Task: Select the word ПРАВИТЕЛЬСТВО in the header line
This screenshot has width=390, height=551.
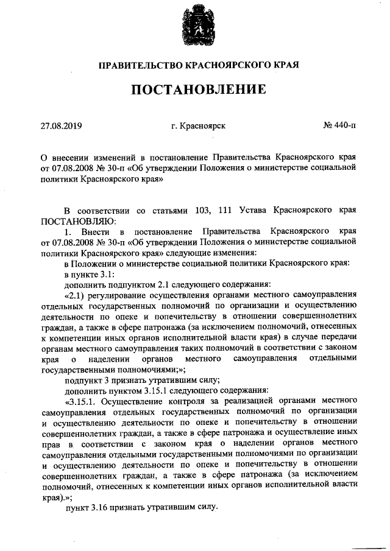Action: point(141,64)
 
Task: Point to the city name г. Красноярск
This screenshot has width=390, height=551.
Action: point(199,126)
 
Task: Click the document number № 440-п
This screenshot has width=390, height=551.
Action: point(339,126)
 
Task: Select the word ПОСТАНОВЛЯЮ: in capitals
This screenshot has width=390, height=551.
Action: point(76,220)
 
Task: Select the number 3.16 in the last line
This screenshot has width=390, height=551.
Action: point(102,507)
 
